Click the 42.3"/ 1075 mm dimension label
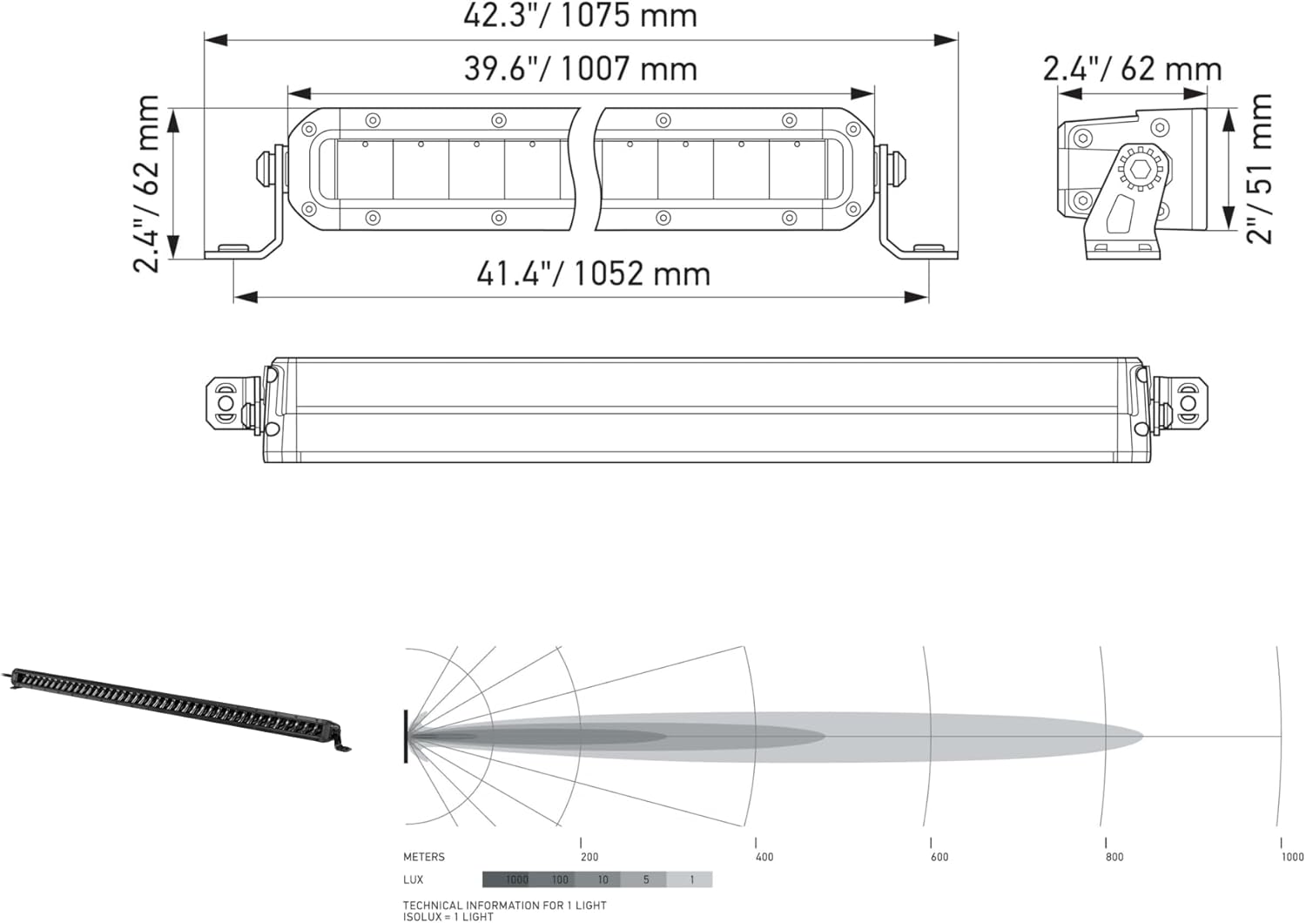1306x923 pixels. (x=580, y=16)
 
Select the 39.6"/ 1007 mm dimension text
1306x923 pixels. (x=580, y=69)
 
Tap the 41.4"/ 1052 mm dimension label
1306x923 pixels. (x=593, y=273)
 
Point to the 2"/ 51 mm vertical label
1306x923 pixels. (x=1259, y=168)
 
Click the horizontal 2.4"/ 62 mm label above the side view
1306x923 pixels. (x=1132, y=69)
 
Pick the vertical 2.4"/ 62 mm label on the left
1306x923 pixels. (x=147, y=184)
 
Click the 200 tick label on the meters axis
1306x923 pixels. (x=589, y=857)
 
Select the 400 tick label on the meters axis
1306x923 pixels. (x=764, y=857)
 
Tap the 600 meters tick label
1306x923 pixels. (x=939, y=857)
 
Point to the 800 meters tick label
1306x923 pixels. (x=1114, y=857)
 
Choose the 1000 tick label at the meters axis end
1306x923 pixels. (x=1292, y=857)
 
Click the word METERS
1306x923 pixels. (x=424, y=857)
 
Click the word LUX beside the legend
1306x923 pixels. (x=414, y=879)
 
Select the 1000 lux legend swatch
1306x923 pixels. (x=505, y=879)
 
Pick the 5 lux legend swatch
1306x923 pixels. (x=644, y=879)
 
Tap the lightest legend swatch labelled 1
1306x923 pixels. (x=691, y=879)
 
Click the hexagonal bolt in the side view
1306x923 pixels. (x=1140, y=168)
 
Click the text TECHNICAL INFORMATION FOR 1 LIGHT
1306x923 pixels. (x=504, y=905)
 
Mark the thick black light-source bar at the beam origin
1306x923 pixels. (x=406, y=737)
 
